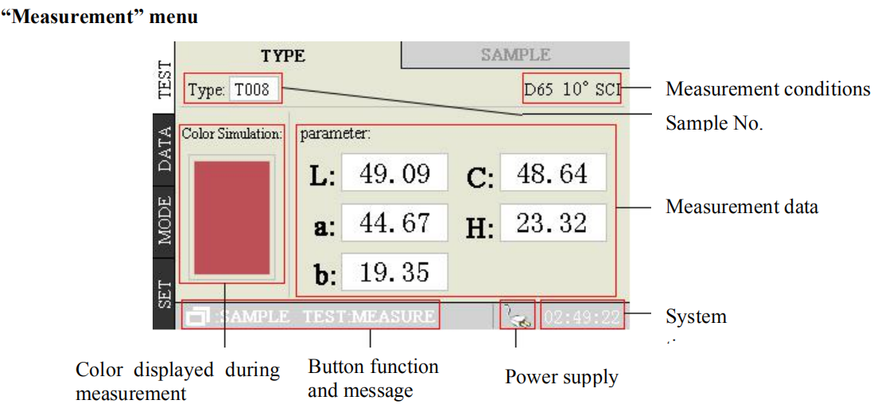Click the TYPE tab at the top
click(283, 56)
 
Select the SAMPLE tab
click(515, 55)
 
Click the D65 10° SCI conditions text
click(572, 89)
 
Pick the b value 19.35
click(394, 272)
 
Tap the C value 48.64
click(553, 173)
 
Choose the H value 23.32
click(553, 223)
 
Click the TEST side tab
click(165, 78)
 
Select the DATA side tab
click(165, 150)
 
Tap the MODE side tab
click(165, 222)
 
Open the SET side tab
click(165, 291)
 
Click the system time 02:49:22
click(581, 317)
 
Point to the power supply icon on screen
click(515, 317)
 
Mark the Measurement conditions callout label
click(767, 89)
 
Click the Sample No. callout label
click(713, 123)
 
